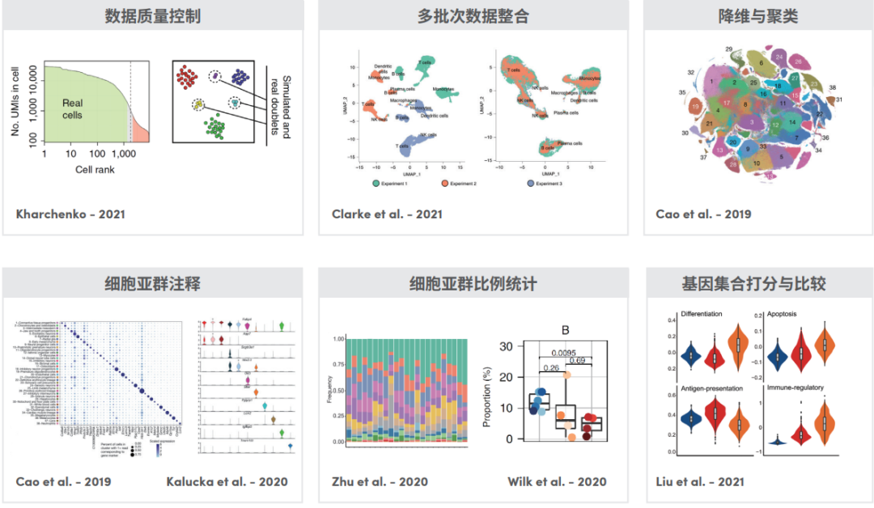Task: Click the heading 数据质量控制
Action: (153, 16)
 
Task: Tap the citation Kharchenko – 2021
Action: (70, 214)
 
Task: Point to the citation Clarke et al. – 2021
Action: (387, 214)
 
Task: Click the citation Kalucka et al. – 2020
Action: (227, 482)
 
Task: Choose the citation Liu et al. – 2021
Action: (700, 482)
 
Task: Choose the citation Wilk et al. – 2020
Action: (557, 482)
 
